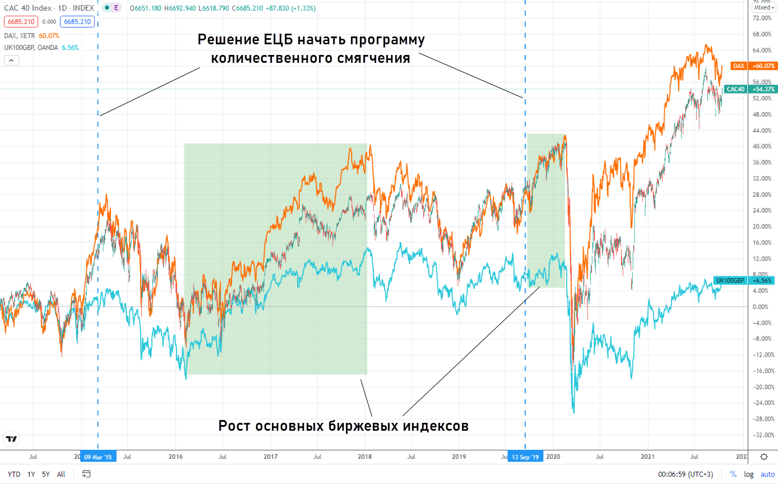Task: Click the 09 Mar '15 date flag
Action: (98, 457)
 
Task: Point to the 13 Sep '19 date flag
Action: (525, 457)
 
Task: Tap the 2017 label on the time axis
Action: (271, 457)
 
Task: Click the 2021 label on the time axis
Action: (648, 457)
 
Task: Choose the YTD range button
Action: (14, 474)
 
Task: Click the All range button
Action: (61, 474)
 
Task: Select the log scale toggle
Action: (749, 474)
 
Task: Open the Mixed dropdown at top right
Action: (764, 8)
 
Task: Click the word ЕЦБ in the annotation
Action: (280, 40)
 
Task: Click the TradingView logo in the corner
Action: (11, 439)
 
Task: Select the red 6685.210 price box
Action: (21, 22)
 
